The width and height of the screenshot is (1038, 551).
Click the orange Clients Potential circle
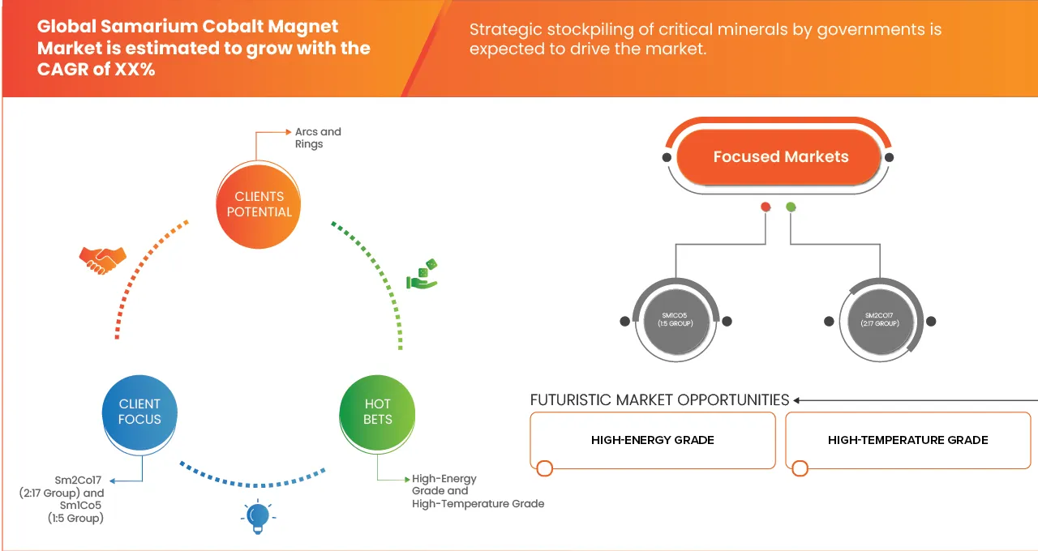(x=259, y=203)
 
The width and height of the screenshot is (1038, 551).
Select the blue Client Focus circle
(x=139, y=412)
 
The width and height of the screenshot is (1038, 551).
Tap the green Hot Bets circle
(x=377, y=412)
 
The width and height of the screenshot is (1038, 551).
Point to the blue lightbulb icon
(x=257, y=516)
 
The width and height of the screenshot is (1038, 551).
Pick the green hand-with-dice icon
(x=422, y=275)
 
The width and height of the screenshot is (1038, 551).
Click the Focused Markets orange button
(x=780, y=157)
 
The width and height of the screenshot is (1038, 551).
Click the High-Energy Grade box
(x=652, y=440)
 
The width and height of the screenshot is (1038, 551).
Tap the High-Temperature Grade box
(x=907, y=440)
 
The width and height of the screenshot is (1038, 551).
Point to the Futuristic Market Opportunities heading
(x=659, y=400)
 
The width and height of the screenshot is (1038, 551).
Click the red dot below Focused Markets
(x=765, y=207)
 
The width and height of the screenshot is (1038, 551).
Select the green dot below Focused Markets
(x=791, y=207)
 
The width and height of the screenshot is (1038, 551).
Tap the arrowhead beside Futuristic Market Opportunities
(x=798, y=400)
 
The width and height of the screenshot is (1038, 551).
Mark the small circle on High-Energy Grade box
(x=545, y=468)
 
